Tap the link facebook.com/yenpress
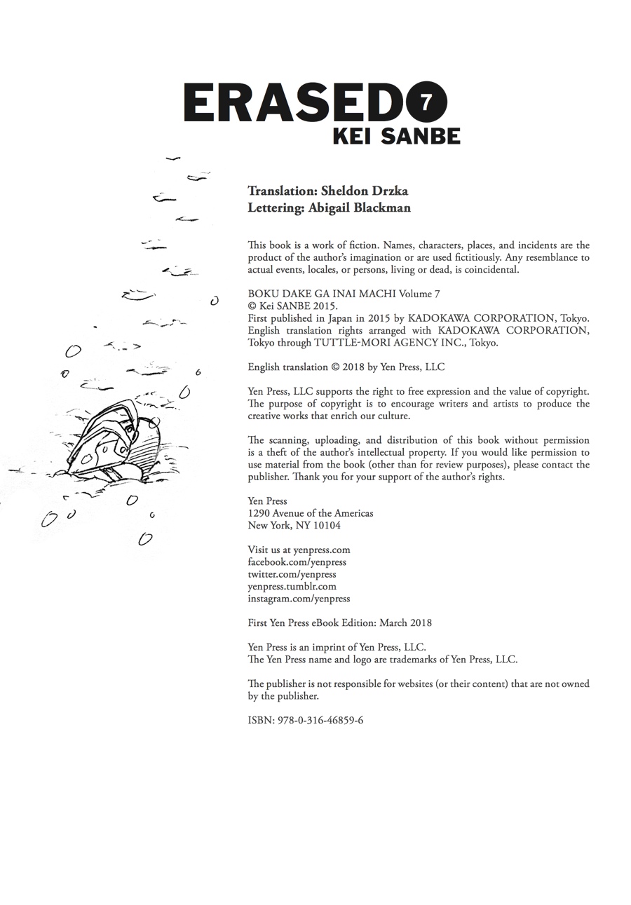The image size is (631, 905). coord(297,562)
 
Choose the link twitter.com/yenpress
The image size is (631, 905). coord(292,574)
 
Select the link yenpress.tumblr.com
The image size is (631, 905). coord(292,586)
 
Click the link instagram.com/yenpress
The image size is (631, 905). coord(299,599)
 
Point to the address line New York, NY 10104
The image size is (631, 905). coord(294,525)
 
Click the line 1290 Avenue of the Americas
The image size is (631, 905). coord(310,513)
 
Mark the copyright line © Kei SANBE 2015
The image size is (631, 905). coord(292,306)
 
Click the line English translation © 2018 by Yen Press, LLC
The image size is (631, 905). coord(346,367)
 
